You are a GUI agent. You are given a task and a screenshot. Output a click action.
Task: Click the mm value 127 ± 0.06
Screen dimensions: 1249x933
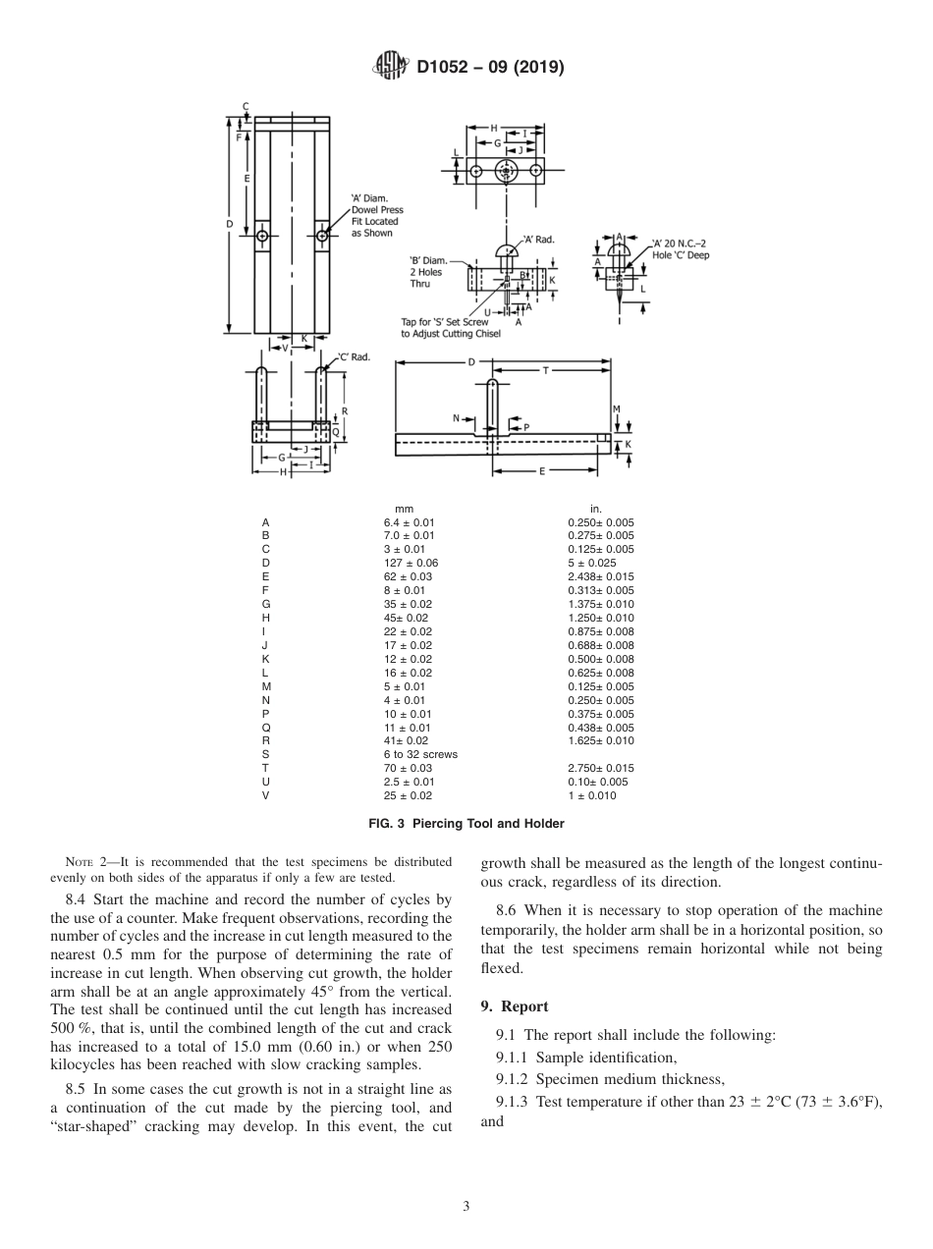411,563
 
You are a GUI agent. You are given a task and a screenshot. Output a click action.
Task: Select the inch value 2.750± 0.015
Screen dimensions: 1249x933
600,768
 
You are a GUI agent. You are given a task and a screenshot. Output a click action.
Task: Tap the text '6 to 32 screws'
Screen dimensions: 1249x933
420,754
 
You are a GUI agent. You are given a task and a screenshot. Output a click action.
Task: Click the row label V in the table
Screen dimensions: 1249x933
265,795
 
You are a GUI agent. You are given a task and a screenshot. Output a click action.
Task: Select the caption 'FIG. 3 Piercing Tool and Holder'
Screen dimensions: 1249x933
466,823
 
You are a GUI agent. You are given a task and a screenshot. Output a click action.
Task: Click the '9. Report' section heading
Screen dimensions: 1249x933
514,1005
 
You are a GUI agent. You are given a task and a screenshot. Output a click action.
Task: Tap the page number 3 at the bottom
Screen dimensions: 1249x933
466,1206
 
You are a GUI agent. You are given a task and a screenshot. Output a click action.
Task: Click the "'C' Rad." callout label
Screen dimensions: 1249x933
354,357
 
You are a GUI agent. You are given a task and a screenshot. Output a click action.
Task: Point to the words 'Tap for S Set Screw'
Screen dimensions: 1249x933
445,322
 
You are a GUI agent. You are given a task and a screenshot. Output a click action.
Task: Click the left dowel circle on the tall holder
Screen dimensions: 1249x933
262,236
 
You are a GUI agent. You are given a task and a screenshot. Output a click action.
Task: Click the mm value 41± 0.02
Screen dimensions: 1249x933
406,740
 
